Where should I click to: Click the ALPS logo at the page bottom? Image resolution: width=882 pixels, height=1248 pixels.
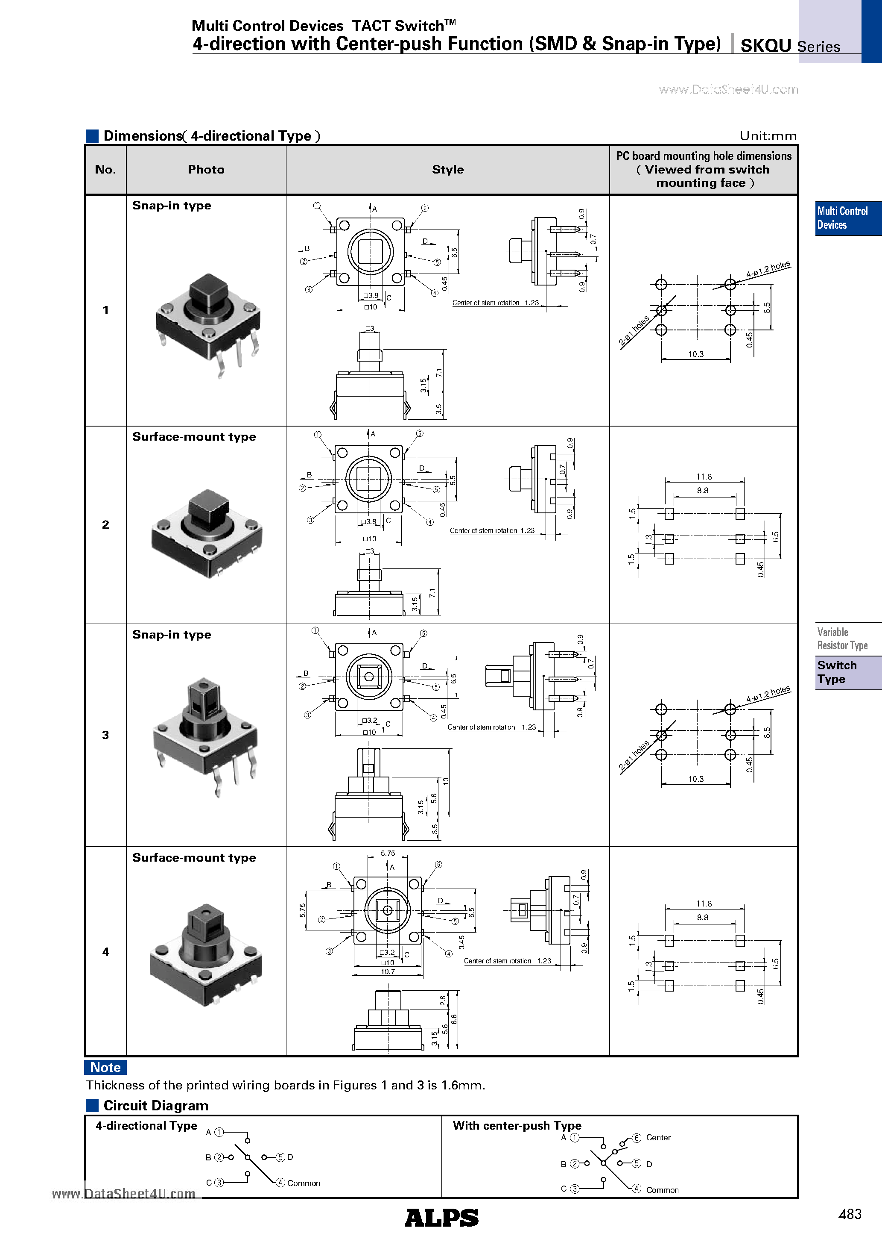[x=441, y=1218]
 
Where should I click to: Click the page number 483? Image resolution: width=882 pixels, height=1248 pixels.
[x=850, y=1214]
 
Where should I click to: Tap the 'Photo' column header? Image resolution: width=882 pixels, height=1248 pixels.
[x=206, y=170]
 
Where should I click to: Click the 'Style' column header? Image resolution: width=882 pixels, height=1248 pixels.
[x=447, y=170]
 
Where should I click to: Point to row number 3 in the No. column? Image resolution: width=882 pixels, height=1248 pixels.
[x=105, y=735]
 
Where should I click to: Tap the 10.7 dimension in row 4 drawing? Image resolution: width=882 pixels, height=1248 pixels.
[x=387, y=971]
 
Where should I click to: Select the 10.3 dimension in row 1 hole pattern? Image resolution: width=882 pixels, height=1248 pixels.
[x=696, y=354]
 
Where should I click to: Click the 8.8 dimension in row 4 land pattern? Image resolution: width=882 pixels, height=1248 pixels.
[x=702, y=918]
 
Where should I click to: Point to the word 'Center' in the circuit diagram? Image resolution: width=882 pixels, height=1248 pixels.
[x=658, y=1138]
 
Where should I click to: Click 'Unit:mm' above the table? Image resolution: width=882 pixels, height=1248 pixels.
[x=768, y=136]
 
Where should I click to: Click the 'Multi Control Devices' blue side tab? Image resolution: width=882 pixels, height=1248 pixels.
[x=842, y=218]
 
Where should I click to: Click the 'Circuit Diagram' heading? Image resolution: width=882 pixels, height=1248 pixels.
[x=155, y=1106]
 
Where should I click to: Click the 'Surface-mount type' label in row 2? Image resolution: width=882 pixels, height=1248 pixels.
[x=194, y=437]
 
